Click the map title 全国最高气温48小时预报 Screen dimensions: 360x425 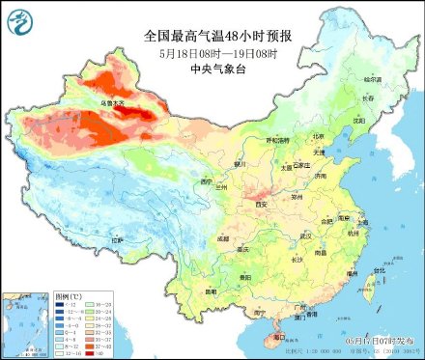tap(218, 36)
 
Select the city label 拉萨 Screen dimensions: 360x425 tap(118, 238)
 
